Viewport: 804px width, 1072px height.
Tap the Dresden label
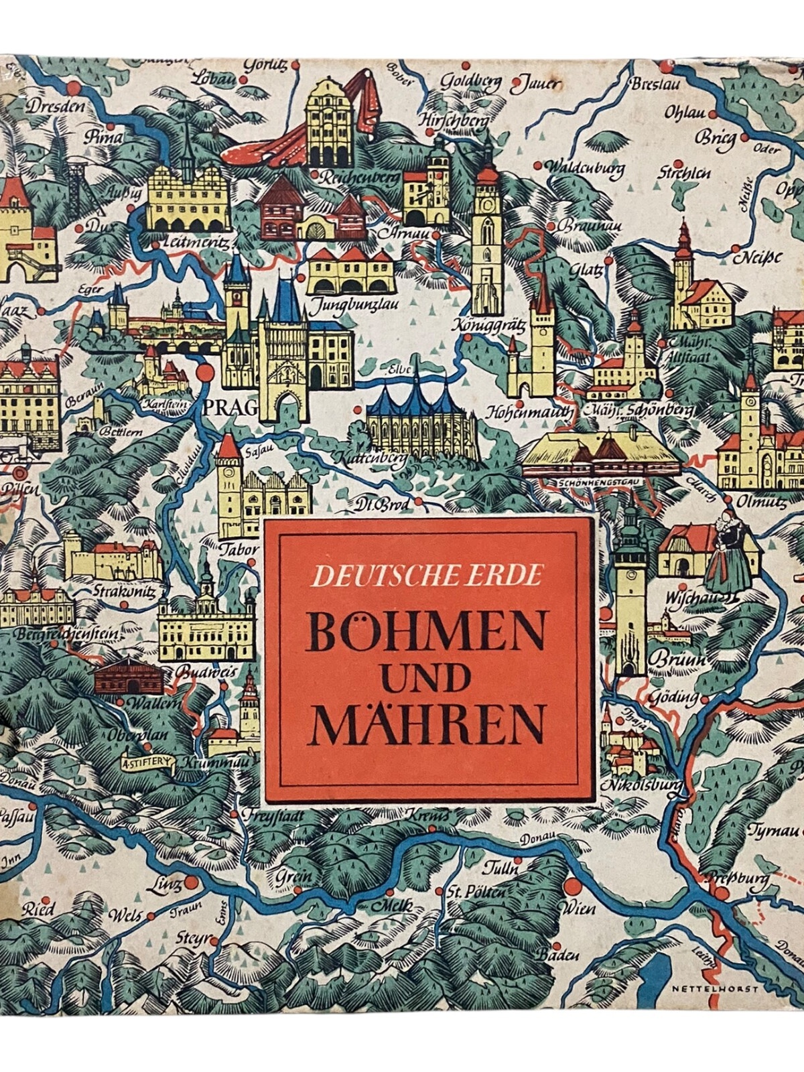click(56, 107)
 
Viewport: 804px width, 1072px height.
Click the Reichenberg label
click(358, 178)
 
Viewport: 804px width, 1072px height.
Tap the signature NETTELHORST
click(715, 988)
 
